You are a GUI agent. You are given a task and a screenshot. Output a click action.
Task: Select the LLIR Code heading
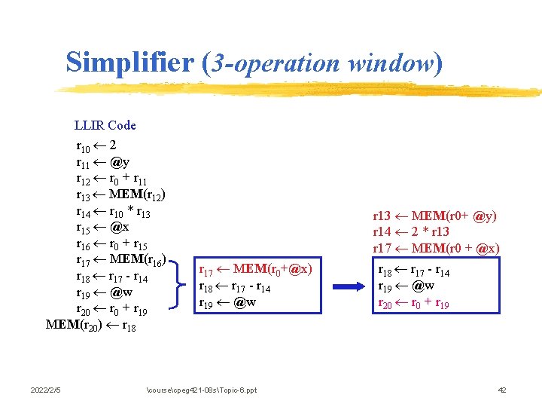tap(105, 125)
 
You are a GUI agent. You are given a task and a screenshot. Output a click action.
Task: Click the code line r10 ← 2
tap(96, 145)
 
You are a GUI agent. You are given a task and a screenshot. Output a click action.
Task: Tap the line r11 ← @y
tap(102, 162)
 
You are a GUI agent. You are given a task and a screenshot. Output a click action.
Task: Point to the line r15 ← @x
tap(102, 228)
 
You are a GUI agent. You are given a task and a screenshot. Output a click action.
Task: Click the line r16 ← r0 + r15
tap(112, 244)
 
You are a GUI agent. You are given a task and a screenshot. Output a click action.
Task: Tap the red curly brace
tap(179, 286)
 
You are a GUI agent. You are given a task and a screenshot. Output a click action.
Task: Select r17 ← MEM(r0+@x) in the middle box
tap(254, 269)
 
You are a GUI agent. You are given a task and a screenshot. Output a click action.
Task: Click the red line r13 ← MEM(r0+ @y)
tap(435, 216)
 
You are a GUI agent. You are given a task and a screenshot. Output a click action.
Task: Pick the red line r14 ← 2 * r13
tap(411, 232)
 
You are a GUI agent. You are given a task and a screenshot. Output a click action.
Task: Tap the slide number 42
tap(503, 390)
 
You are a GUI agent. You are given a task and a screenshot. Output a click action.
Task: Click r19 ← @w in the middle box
tap(227, 302)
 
